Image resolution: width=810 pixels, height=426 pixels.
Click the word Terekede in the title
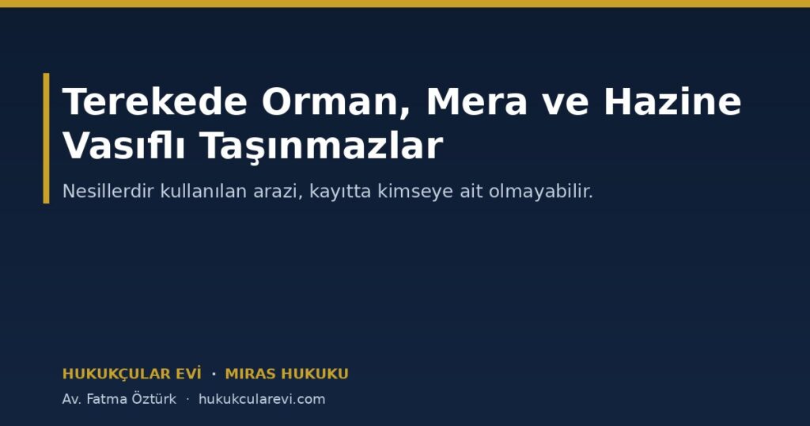pos(155,101)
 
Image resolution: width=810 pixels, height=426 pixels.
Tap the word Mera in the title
pos(476,101)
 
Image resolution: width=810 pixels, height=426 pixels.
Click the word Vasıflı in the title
pos(124,145)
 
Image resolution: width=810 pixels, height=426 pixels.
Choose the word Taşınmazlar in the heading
pos(322,146)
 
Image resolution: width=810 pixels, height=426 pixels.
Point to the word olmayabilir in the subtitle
pos(541,192)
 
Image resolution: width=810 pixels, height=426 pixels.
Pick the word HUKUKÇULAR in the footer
pos(117,374)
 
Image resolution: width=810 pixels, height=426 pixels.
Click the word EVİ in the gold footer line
pos(189,373)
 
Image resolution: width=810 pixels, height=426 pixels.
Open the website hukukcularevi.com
pos(262,399)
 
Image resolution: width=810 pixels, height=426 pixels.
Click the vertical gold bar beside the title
pos(47,138)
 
